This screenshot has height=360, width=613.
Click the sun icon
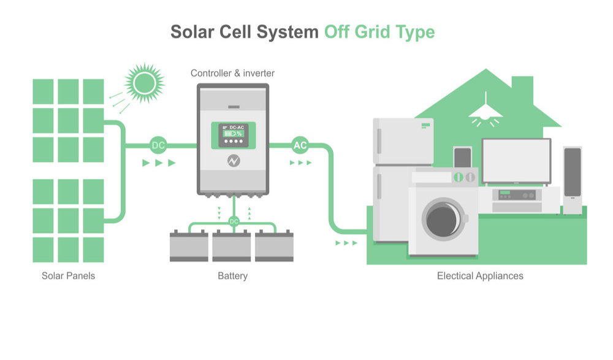click(x=145, y=82)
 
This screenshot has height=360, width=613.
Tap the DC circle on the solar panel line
click(x=158, y=145)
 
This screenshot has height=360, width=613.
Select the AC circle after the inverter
click(x=300, y=145)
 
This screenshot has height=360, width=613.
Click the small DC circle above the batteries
click(x=234, y=221)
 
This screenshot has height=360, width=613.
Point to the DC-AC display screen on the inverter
click(x=233, y=136)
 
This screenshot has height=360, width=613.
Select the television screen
click(x=516, y=160)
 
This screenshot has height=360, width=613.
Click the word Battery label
click(x=233, y=276)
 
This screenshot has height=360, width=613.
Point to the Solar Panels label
click(x=68, y=276)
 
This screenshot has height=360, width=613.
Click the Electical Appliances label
click(x=480, y=276)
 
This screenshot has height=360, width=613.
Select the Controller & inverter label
click(x=233, y=73)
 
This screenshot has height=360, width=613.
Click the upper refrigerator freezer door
click(x=403, y=141)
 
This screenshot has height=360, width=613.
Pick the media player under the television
click(x=517, y=195)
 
